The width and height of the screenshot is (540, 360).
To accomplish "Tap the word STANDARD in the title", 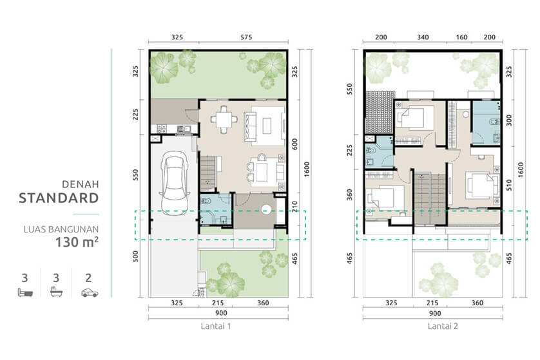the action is coord(59,198).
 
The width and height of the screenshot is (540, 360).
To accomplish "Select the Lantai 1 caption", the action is coord(216,327).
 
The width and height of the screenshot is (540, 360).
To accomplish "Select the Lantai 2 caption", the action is coord(443,327).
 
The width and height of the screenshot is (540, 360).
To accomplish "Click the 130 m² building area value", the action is coord(77,242).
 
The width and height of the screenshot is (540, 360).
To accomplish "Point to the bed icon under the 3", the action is coord(26,292).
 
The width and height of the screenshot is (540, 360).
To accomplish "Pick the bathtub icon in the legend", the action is coord(56,292).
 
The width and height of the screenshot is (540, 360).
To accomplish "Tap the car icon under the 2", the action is coord(90,292).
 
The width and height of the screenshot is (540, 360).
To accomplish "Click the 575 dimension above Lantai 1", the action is coord(246,37).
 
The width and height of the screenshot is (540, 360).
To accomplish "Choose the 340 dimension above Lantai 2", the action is coord(423,37).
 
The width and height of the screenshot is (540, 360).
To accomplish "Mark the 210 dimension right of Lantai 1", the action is coord(294,207).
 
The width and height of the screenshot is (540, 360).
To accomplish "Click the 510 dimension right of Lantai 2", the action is coord(509,185).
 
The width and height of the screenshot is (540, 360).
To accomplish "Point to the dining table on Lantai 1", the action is coord(224,119).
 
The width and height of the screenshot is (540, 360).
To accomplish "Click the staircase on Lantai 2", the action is coord(430,200).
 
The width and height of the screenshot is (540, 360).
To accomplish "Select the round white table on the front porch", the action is coord(266,209).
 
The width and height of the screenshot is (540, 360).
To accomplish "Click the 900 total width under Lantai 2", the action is coord(435,313).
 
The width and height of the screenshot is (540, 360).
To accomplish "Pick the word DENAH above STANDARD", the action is coord(81,184).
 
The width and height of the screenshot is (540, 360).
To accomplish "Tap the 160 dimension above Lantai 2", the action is coord(461,37).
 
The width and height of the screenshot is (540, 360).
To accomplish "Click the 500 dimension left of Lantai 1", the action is coord(135,256).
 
